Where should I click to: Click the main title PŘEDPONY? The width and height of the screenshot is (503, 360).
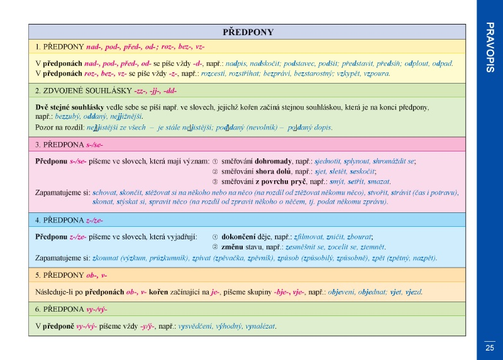[x=248, y=32]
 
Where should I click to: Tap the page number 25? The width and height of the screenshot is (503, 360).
[x=490, y=348]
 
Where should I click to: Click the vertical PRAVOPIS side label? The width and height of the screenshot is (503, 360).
[x=490, y=47]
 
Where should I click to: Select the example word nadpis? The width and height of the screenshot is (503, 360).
[x=236, y=63]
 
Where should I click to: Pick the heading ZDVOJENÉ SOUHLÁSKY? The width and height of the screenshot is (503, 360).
[x=87, y=91]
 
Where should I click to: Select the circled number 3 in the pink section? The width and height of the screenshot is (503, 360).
[x=215, y=182]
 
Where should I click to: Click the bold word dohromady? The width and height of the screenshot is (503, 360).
[x=273, y=161]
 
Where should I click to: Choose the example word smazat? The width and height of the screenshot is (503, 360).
[x=379, y=182]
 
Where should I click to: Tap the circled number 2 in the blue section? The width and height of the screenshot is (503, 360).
[x=215, y=247]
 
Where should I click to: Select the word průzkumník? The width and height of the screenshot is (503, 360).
[x=169, y=258]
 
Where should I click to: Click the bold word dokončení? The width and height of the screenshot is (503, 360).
[x=238, y=237]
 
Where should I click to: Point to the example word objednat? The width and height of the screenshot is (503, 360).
[x=372, y=292]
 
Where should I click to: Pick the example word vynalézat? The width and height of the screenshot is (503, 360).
[x=260, y=326]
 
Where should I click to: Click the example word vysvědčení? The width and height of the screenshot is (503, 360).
[x=195, y=326]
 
